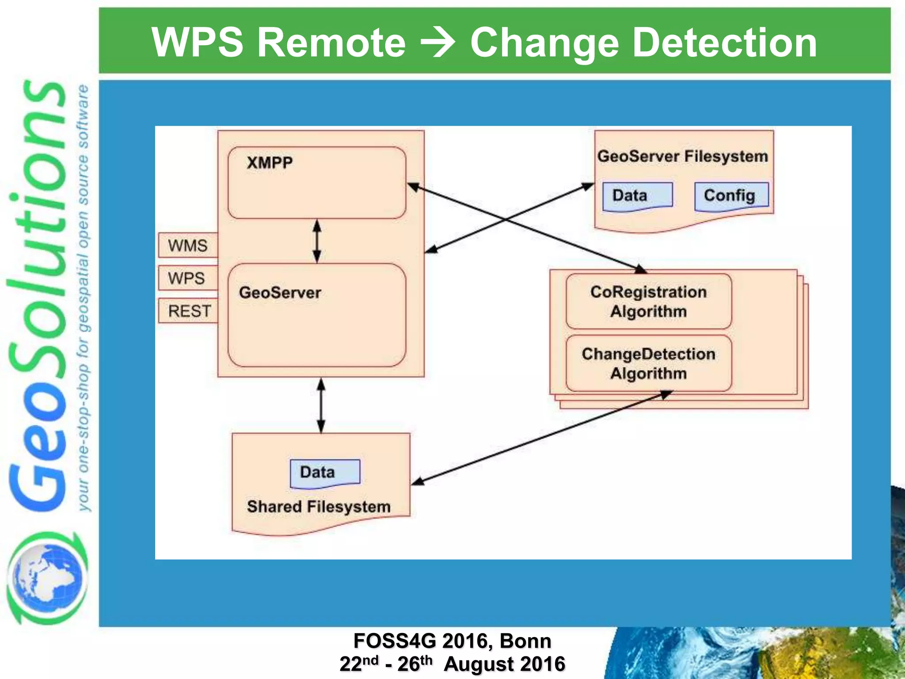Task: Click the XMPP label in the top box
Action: tap(270, 163)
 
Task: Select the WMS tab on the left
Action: tap(188, 245)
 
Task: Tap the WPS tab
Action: tap(186, 278)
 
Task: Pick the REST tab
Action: tap(189, 311)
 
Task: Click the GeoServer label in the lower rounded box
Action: tap(280, 293)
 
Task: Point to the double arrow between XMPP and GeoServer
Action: tap(317, 241)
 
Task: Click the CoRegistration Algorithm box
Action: tap(648, 301)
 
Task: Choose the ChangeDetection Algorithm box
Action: tap(648, 363)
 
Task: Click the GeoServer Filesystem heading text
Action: tap(683, 156)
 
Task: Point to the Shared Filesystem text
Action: tap(319, 507)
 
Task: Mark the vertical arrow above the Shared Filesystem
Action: tap(321, 405)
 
